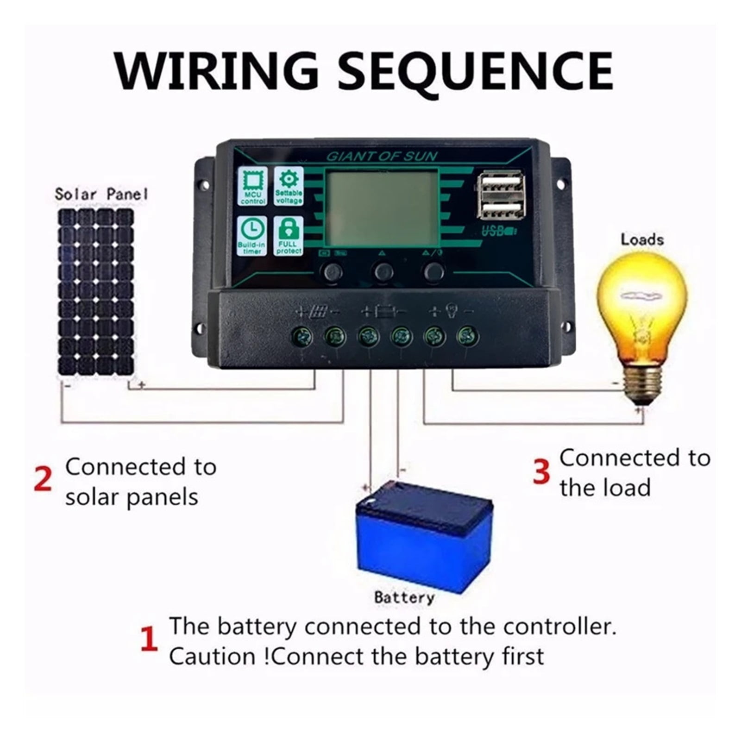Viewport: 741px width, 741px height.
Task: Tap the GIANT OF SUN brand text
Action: (x=382, y=156)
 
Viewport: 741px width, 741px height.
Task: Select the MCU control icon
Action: (x=252, y=186)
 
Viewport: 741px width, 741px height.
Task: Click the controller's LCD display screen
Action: (x=382, y=207)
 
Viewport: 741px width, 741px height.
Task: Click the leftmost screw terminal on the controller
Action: (x=301, y=337)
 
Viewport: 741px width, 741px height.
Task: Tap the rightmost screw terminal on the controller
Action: (x=468, y=337)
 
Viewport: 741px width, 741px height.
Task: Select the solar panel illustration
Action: (x=96, y=292)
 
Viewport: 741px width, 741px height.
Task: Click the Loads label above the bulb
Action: (x=642, y=240)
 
